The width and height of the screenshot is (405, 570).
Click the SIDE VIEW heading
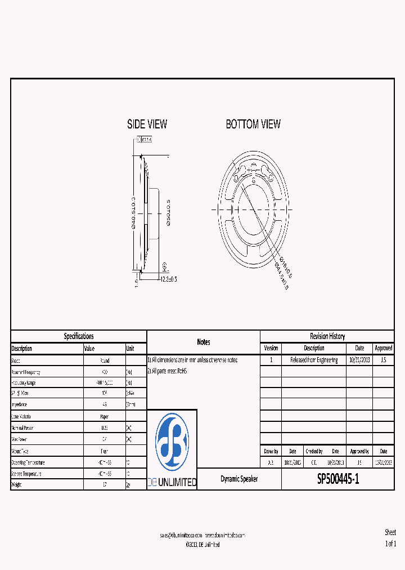click(147, 124)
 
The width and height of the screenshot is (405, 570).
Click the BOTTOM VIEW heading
click(253, 124)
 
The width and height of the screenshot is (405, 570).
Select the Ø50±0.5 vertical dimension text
click(168, 212)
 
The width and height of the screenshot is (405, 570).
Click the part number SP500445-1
click(337, 479)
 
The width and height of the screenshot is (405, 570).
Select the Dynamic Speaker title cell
click(239, 479)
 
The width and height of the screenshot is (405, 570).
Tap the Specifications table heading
click(79, 336)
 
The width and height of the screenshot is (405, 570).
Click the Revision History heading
click(327, 336)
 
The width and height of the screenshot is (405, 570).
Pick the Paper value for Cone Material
click(104, 416)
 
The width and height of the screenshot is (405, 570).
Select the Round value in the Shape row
click(104, 360)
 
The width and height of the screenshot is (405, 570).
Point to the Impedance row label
click(21, 405)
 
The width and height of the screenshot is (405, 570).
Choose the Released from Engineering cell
click(314, 360)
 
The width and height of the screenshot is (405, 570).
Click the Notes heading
click(203, 342)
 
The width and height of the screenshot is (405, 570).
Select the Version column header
click(271, 348)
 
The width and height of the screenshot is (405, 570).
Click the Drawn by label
click(271, 451)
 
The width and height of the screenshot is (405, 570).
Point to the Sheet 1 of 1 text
click(390, 538)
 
